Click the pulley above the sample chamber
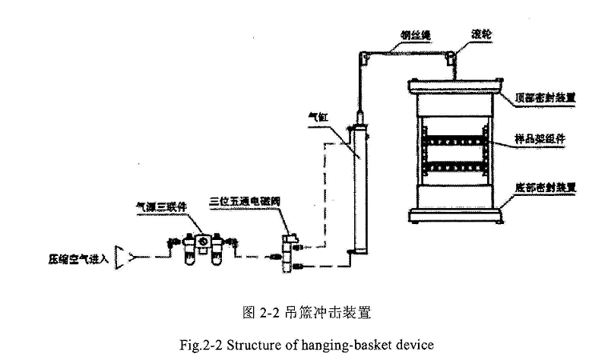click(453, 56)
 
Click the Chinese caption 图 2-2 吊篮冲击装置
click(302, 311)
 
